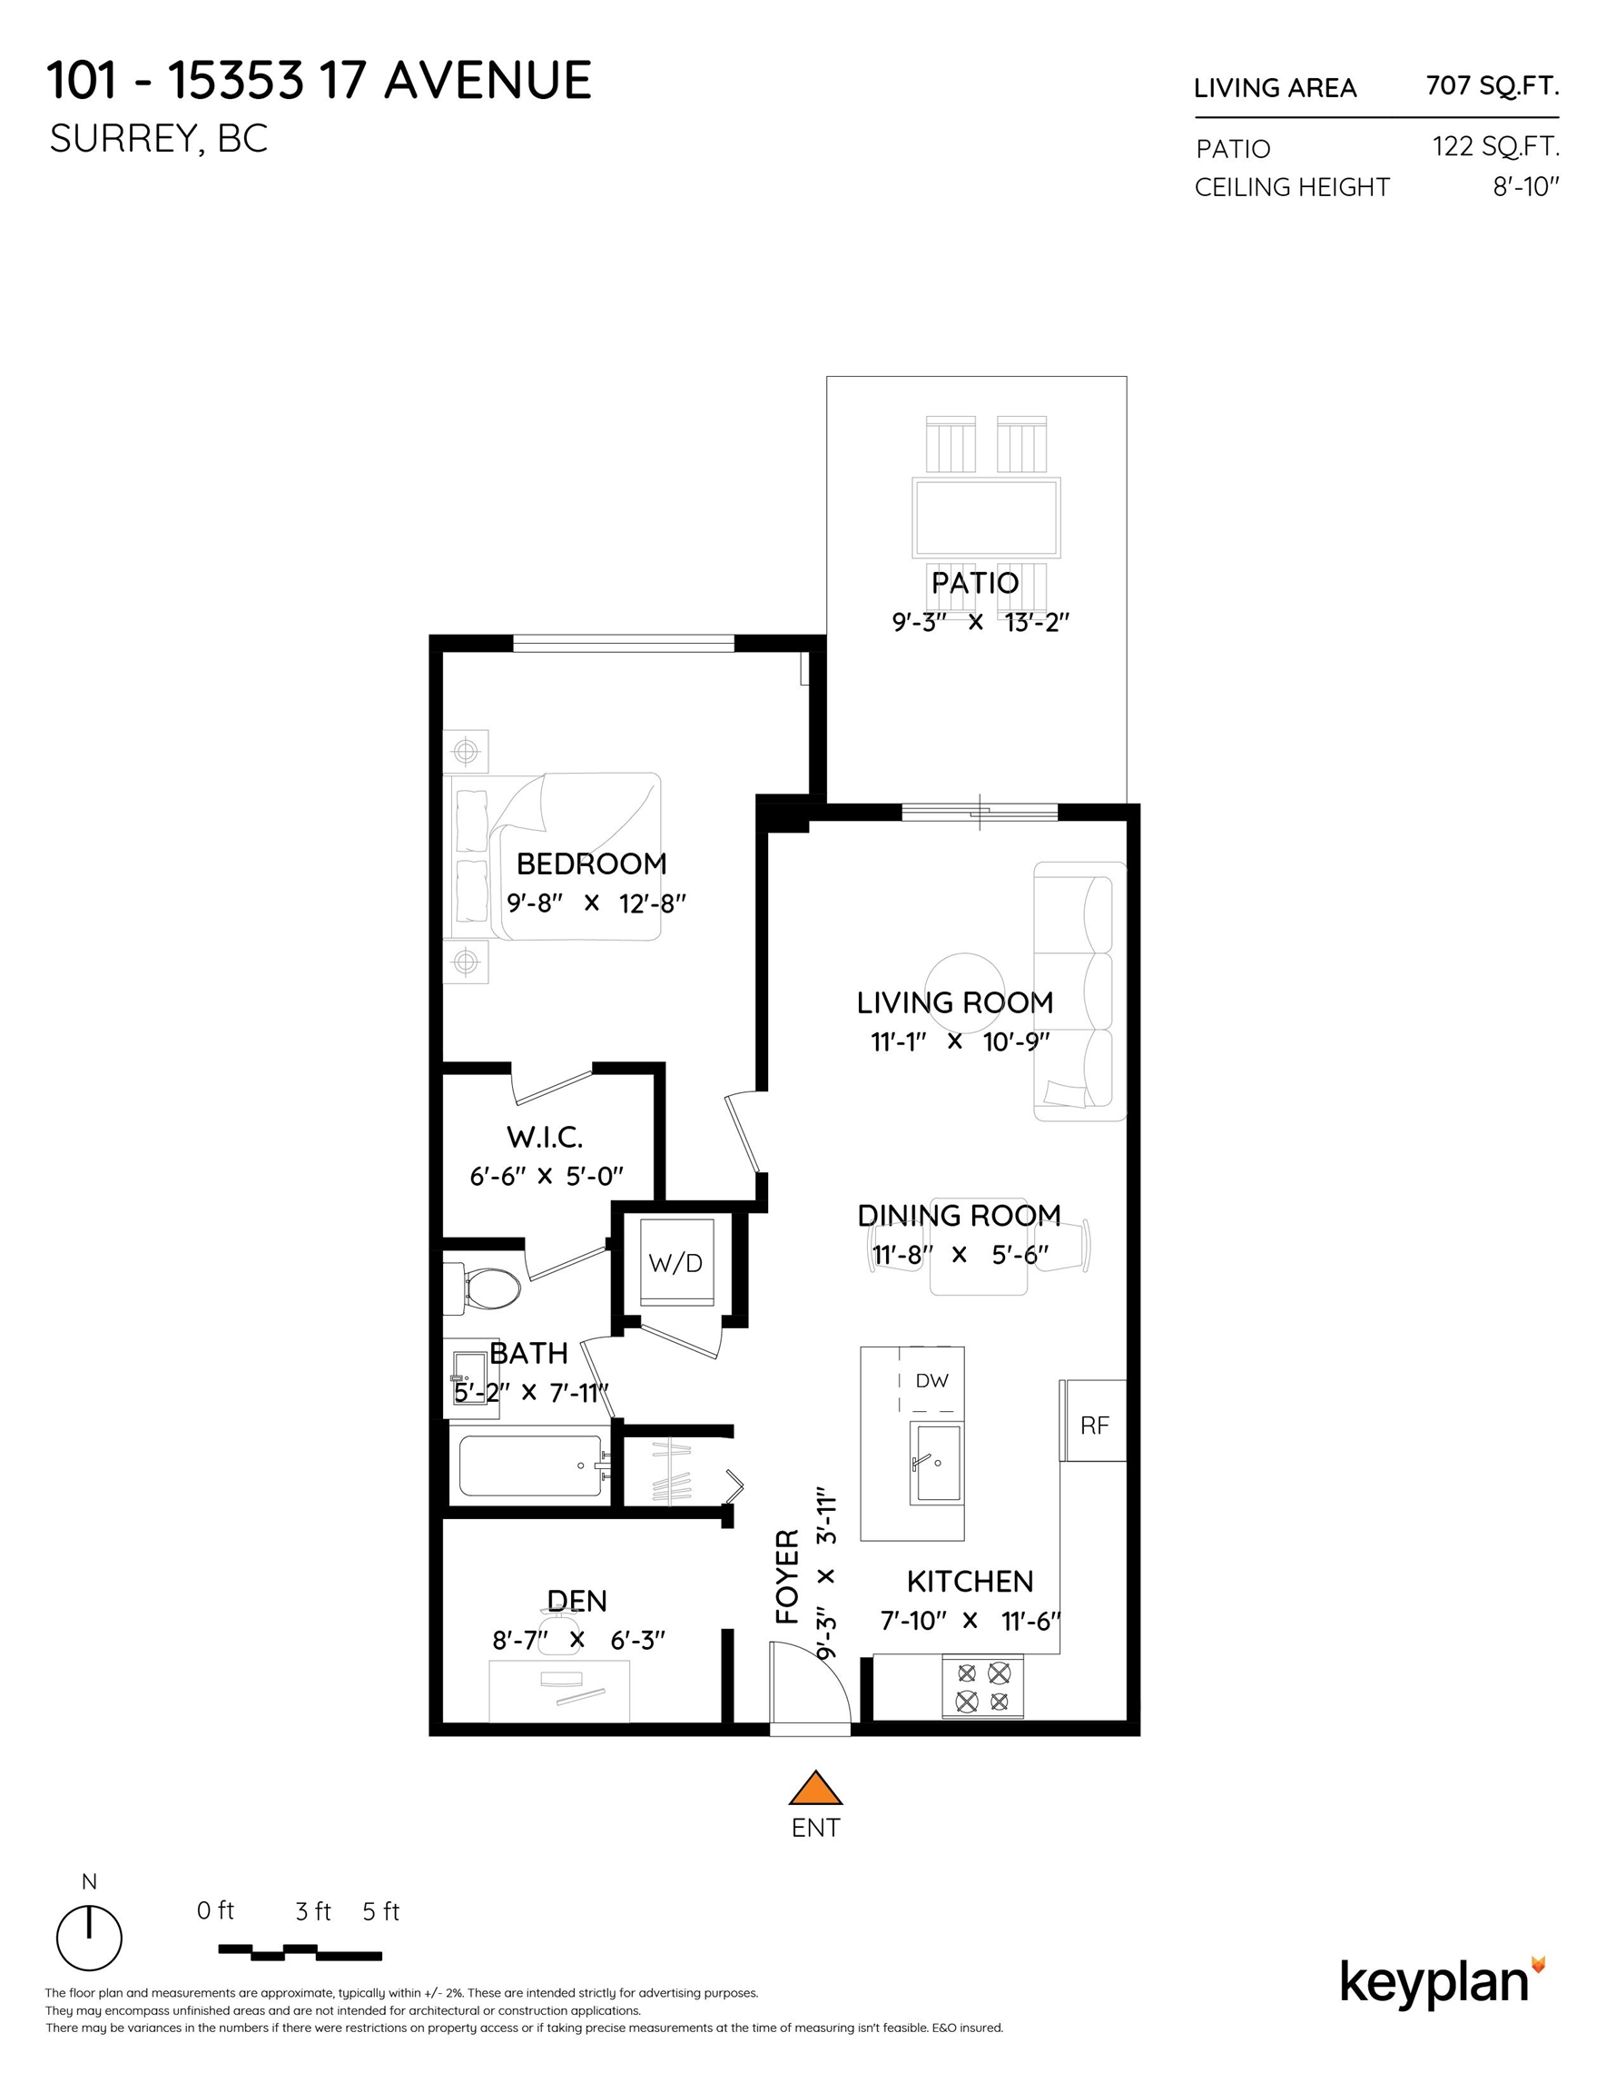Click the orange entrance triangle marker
[x=814, y=1790]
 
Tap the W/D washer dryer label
[x=675, y=1263]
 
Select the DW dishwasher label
[x=931, y=1380]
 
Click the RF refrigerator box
[x=1094, y=1426]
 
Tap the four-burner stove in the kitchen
[x=983, y=1688]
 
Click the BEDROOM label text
[x=591, y=864]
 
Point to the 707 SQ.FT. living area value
[x=1492, y=86]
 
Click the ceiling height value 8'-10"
[x=1525, y=187]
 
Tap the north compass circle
[x=89, y=1938]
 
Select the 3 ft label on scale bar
[x=312, y=1912]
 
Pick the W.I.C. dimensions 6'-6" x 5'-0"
[x=546, y=1176]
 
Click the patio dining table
[x=987, y=518]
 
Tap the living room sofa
[x=1080, y=992]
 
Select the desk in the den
[x=559, y=1692]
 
